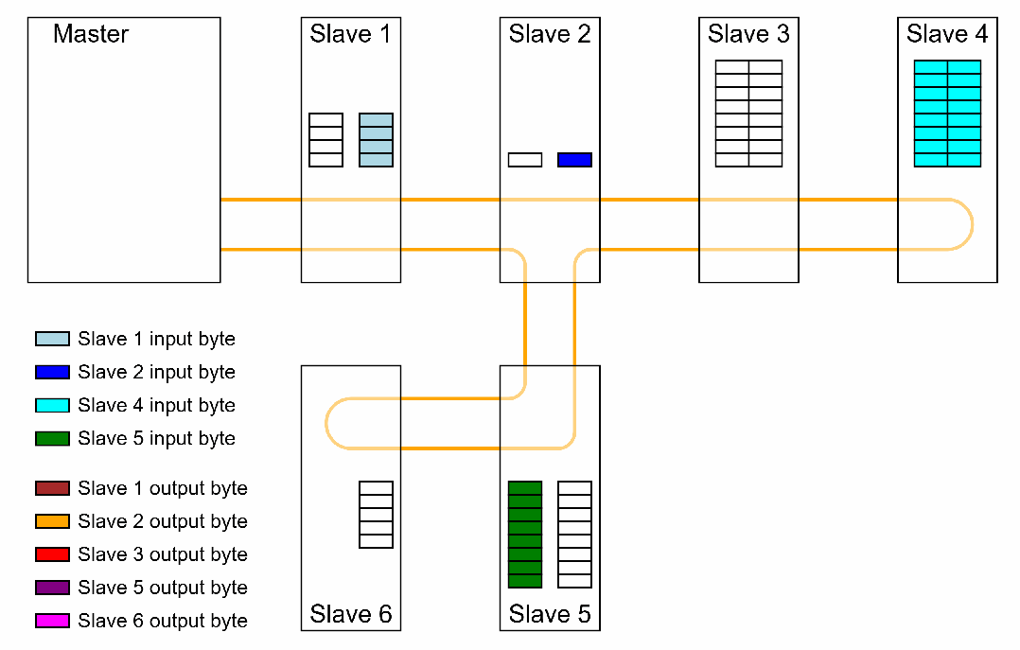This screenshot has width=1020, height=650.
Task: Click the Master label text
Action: [x=91, y=35]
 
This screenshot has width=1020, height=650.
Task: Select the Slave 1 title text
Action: [x=350, y=35]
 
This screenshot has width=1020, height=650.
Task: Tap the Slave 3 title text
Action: [x=748, y=35]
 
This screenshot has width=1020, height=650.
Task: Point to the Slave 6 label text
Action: [x=350, y=614]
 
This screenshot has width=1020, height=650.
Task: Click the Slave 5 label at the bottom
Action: [x=550, y=614]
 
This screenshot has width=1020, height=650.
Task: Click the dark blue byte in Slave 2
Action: [x=574, y=160]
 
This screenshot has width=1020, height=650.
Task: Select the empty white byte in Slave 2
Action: [x=525, y=160]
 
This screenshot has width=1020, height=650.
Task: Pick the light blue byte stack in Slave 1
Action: [x=376, y=140]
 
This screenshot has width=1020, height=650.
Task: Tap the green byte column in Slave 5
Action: [x=525, y=535]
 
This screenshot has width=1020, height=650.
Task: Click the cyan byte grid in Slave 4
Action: [x=947, y=114]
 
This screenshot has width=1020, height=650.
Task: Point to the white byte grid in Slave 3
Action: [x=748, y=114]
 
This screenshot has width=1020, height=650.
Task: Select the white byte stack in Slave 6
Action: [x=376, y=515]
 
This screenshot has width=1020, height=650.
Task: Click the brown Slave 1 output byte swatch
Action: [x=52, y=488]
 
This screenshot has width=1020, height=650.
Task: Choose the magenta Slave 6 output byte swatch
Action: [x=52, y=621]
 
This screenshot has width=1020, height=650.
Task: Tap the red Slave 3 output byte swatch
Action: [x=52, y=554]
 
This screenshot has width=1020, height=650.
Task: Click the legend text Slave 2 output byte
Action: [x=163, y=521]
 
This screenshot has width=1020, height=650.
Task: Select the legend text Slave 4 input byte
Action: [x=157, y=405]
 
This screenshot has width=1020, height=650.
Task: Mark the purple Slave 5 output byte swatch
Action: [x=52, y=588]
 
